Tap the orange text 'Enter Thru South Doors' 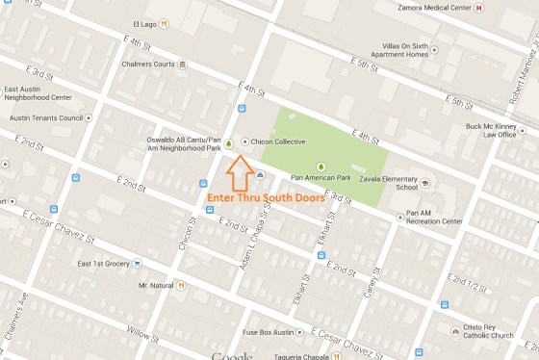point(266,198)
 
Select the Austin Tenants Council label point(44,117)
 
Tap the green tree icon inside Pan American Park point(321,165)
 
